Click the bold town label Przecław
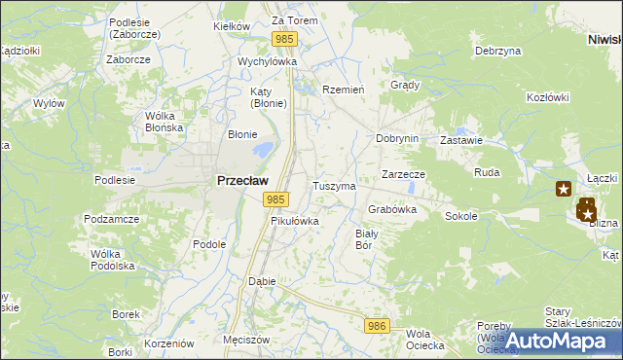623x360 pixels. [242, 180]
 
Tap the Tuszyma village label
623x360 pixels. [334, 185]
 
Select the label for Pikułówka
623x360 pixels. [294, 221]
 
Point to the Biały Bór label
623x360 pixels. [365, 239]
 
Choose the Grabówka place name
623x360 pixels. [392, 209]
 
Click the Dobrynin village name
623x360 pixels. [397, 138]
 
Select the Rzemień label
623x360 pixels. [343, 89]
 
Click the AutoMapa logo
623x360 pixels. [558, 341]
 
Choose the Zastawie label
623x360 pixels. [461, 140]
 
